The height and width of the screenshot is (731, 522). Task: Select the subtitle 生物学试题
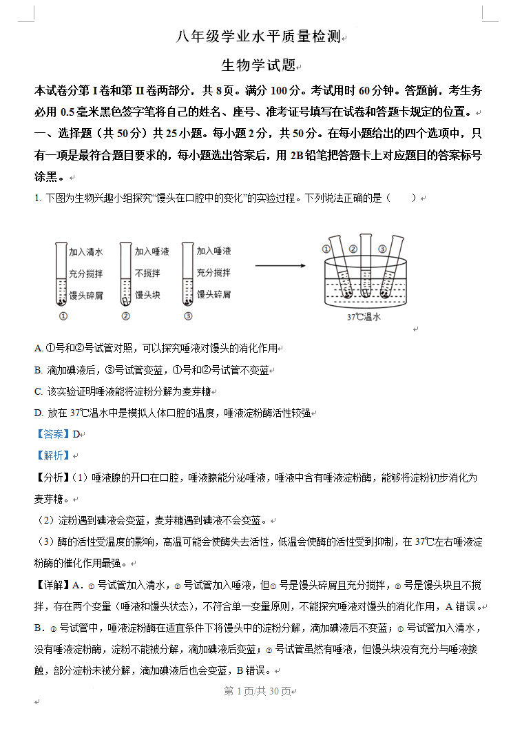point(258,65)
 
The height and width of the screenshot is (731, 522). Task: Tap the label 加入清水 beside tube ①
point(86,252)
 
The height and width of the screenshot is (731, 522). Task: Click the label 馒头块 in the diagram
point(147,295)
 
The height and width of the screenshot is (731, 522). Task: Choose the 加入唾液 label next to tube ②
point(152,252)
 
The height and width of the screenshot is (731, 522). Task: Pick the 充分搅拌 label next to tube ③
point(213,273)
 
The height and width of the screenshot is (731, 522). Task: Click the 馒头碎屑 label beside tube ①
point(86,295)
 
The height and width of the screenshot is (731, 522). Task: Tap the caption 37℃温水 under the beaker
point(364,318)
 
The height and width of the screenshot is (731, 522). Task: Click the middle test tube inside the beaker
point(365,272)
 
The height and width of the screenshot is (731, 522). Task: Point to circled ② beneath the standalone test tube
point(125,316)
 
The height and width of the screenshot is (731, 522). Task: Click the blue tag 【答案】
point(53,434)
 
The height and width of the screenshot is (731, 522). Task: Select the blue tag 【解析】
point(53,455)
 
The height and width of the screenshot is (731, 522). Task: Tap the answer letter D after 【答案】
point(76,434)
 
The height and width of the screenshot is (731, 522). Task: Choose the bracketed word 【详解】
point(52,586)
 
